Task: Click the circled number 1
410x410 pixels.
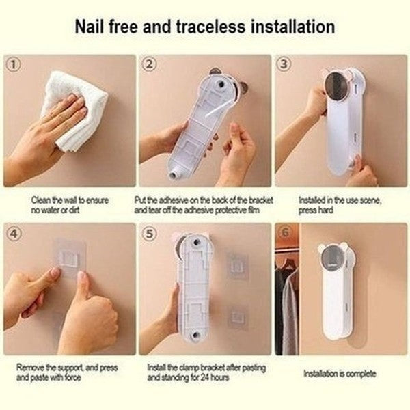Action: [14, 64]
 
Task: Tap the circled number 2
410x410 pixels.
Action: [149, 64]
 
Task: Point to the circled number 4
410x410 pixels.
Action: [14, 233]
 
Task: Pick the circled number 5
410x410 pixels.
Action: [149, 233]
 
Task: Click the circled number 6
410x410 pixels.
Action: [285, 232]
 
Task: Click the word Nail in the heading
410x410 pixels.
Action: [90, 27]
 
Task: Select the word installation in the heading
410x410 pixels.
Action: [292, 27]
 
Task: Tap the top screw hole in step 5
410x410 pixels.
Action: [195, 242]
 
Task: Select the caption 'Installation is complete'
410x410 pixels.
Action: [340, 373]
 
